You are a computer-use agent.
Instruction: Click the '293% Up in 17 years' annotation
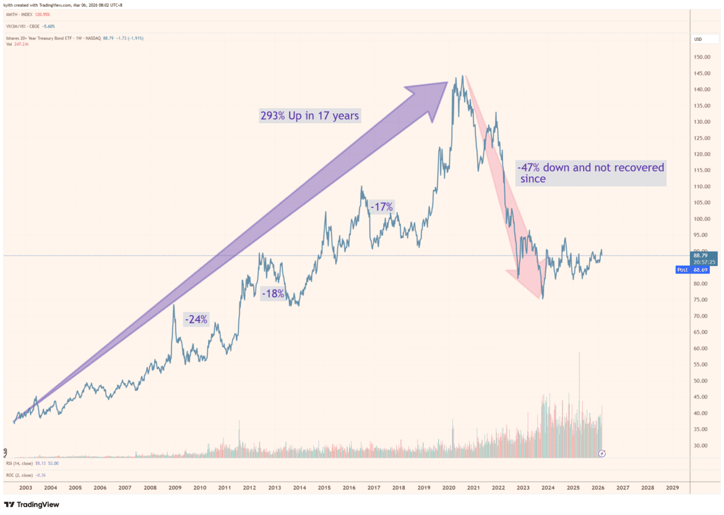pos(309,115)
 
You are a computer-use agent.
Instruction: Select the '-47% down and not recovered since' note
pos(590,173)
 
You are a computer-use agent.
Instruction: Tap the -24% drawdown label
pos(196,319)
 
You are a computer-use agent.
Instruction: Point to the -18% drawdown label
pos(272,293)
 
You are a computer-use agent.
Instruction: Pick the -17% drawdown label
pos(381,207)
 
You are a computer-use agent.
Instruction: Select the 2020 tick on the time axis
pos(449,488)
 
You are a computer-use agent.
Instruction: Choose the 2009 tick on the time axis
pos(175,488)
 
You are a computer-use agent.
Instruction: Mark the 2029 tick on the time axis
pos(672,488)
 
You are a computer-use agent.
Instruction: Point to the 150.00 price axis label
pos(701,57)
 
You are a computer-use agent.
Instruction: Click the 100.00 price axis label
pos(701,219)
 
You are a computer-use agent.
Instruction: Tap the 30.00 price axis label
pos(701,446)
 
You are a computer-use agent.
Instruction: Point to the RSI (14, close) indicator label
pos(25,463)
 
